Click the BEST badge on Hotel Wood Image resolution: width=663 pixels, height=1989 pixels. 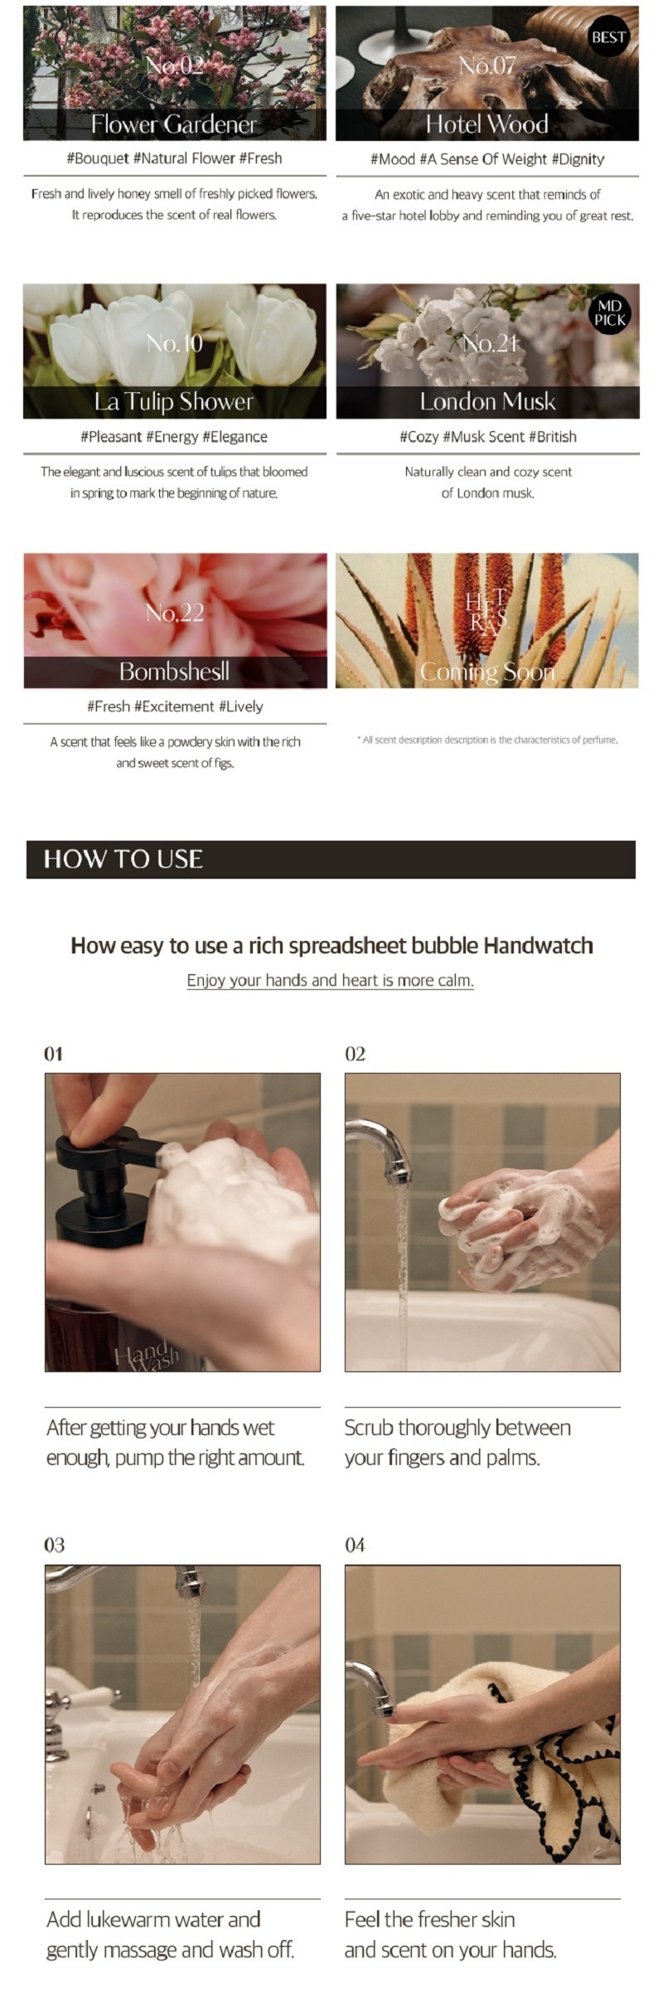click(x=609, y=37)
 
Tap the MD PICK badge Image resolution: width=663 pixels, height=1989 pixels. click(x=610, y=313)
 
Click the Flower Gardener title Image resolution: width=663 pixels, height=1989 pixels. click(x=174, y=124)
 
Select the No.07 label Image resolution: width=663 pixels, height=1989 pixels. click(x=487, y=65)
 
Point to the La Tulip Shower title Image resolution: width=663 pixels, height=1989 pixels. click(x=174, y=402)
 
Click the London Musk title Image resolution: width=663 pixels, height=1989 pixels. click(x=487, y=402)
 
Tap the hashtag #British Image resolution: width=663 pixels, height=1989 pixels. click(x=553, y=437)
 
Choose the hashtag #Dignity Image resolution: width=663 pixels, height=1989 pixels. click(x=578, y=159)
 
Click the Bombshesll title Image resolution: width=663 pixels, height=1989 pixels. click(x=174, y=671)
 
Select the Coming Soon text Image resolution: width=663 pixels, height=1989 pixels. click(x=487, y=672)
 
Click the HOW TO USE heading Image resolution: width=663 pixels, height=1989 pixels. click(x=123, y=859)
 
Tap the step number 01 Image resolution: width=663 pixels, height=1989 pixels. click(x=53, y=1054)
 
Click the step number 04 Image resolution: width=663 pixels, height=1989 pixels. click(x=355, y=1545)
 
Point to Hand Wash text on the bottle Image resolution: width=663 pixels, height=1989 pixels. click(x=148, y=1356)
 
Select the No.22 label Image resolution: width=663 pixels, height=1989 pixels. click(x=174, y=613)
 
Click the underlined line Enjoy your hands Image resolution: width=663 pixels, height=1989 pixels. click(x=331, y=981)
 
